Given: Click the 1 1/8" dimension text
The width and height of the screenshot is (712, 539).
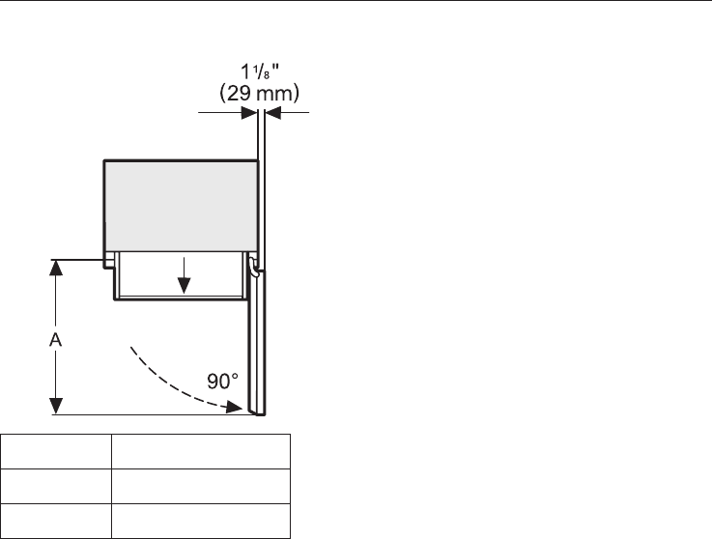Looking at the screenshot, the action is tap(260, 71).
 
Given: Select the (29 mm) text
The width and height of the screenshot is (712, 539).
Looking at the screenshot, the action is tap(259, 93).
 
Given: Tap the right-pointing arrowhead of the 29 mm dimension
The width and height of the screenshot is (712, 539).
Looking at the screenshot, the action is tap(249, 112).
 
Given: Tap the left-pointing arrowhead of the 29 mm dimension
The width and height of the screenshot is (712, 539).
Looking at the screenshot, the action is tap(273, 112).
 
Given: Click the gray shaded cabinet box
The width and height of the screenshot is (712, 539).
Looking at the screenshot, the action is tap(182, 206).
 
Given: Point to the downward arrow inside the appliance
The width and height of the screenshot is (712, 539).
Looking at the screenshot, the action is tap(184, 275).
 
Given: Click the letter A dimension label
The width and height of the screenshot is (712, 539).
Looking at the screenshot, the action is tap(55, 339).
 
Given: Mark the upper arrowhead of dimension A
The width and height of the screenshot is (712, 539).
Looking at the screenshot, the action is tap(56, 268).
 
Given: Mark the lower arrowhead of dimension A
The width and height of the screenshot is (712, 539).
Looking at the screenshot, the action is tap(56, 406).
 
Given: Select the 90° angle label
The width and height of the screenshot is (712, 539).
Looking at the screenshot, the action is tap(222, 382).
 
